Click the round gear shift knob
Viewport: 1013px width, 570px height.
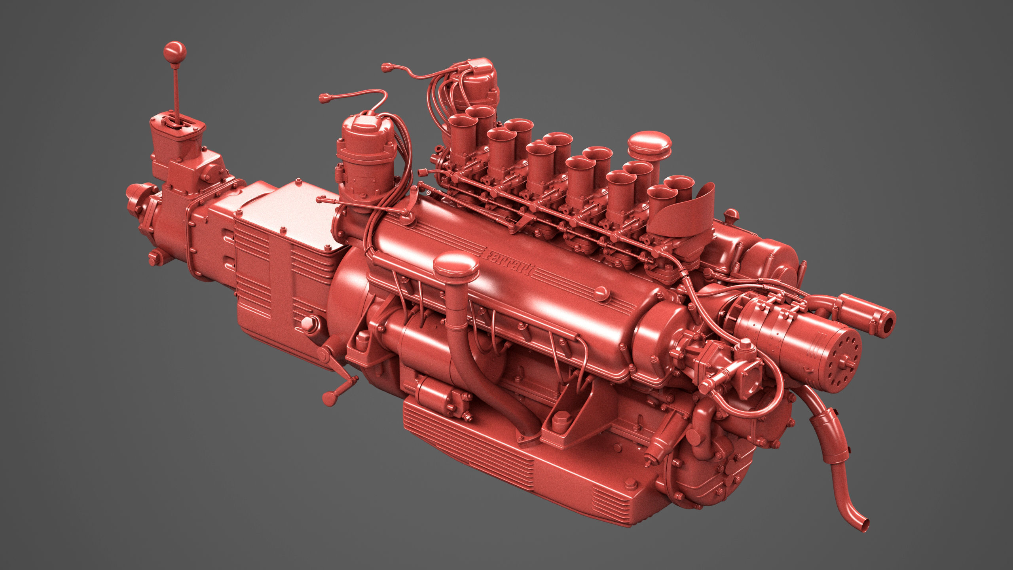[175, 61]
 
